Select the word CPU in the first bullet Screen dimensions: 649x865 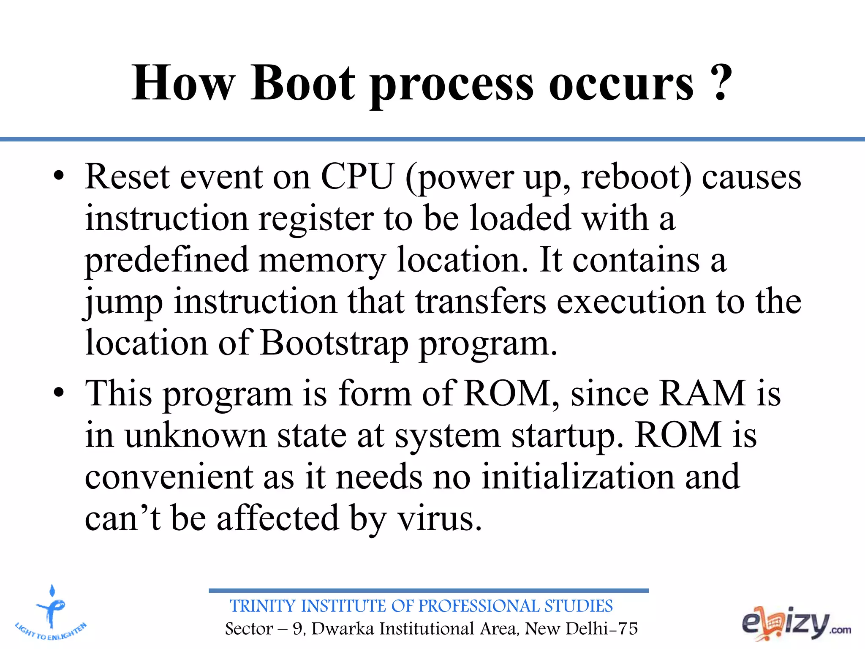point(357,177)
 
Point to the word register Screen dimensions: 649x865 point(316,220)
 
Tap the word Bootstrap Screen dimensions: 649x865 point(334,344)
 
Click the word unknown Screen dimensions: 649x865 point(195,436)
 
